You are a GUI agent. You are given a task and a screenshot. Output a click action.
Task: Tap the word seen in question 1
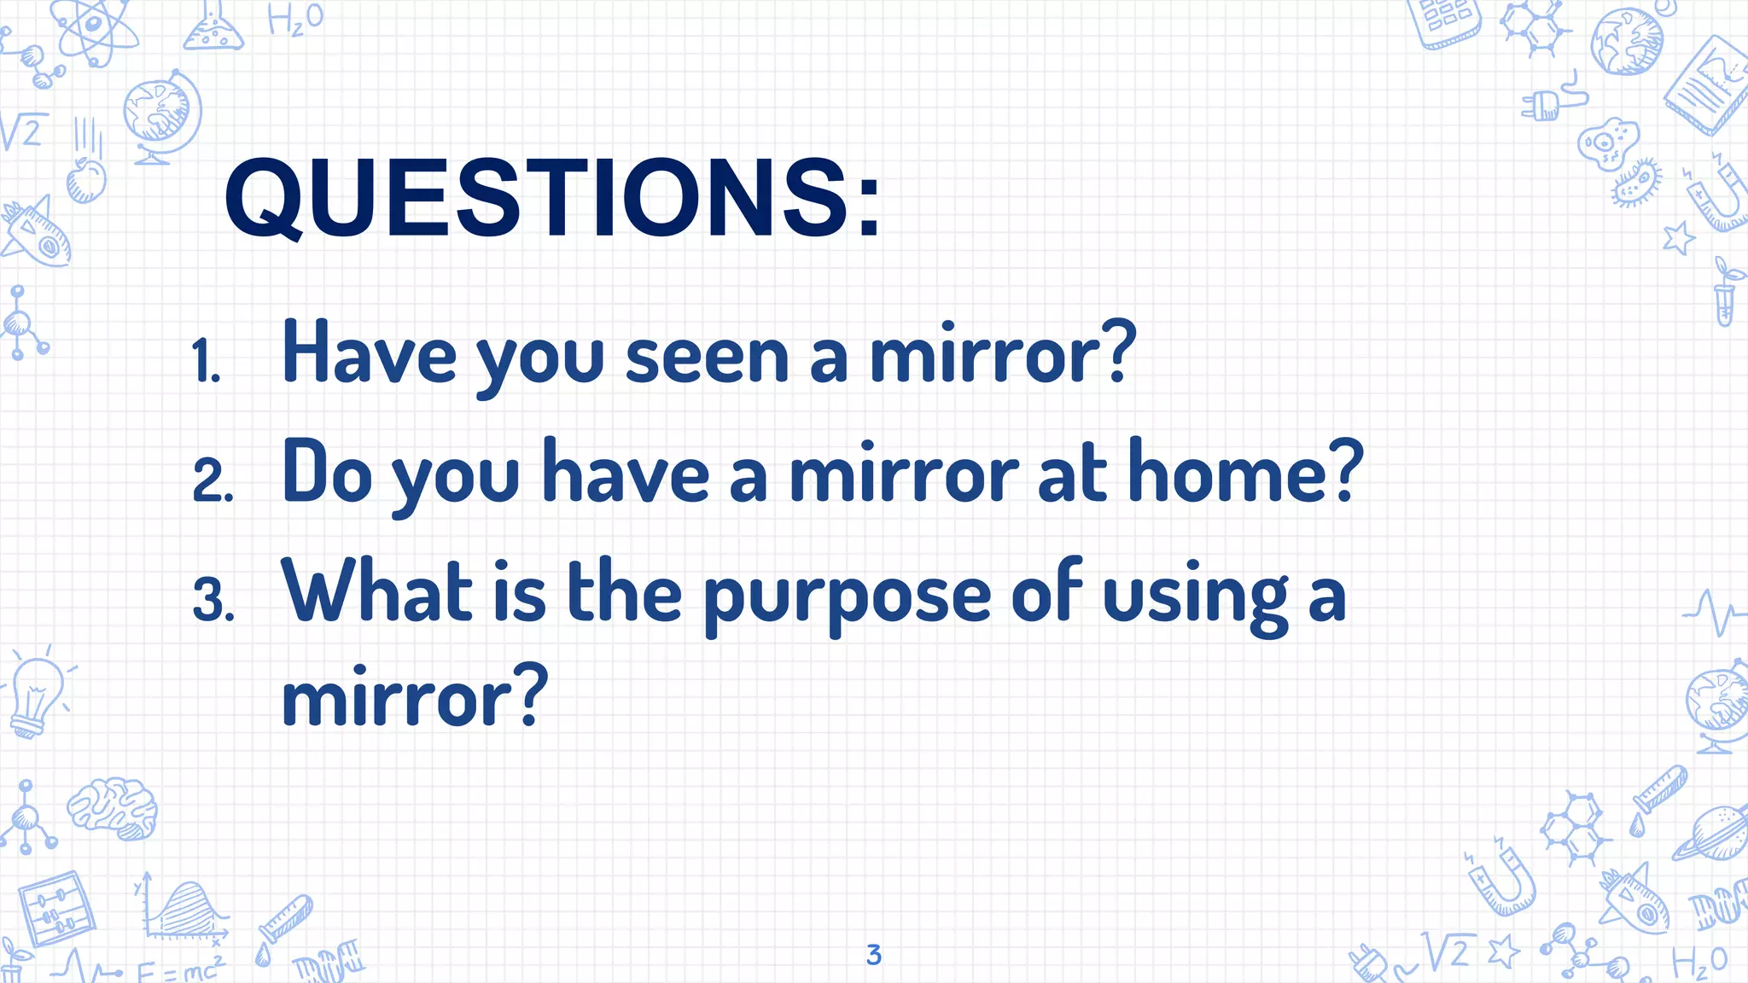click(707, 357)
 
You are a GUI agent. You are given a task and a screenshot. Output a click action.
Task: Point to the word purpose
click(847, 596)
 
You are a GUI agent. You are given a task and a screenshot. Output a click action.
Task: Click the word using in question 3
click(1196, 596)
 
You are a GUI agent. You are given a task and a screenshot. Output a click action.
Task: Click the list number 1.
click(207, 361)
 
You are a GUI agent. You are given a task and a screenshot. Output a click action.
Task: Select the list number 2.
click(213, 480)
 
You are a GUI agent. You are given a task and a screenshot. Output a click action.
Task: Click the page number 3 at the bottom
click(873, 955)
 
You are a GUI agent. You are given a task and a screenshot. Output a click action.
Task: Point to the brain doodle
click(113, 806)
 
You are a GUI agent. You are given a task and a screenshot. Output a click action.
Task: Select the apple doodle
click(86, 178)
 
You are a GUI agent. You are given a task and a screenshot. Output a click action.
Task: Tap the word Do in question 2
click(327, 471)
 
